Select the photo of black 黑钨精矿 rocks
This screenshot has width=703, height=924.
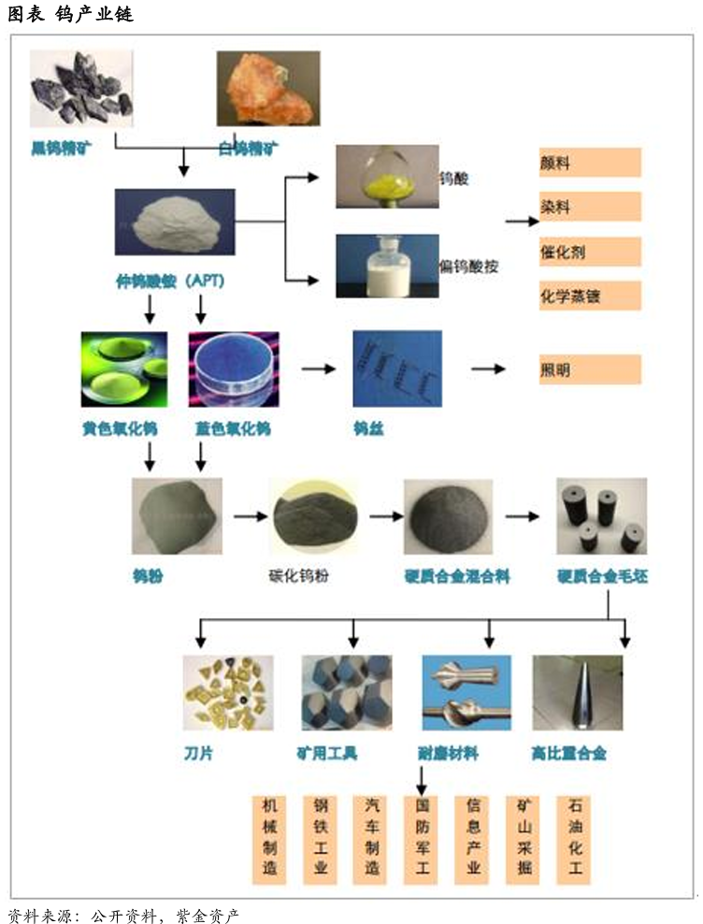pyautogui.click(x=80, y=90)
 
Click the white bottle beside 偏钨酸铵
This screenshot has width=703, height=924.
pyautogui.click(x=386, y=265)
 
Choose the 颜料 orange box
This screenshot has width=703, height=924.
pyautogui.click(x=590, y=162)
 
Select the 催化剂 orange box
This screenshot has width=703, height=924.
pyautogui.click(x=590, y=252)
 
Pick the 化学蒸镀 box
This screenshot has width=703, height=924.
pyautogui.click(x=590, y=296)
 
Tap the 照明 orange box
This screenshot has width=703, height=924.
pyautogui.click(x=590, y=369)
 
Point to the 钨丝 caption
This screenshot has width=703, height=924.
pyautogui.click(x=367, y=429)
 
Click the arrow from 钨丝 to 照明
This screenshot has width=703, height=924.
pyautogui.click(x=487, y=369)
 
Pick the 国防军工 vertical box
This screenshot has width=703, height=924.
pyautogui.click(x=422, y=840)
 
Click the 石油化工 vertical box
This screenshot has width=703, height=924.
pyautogui.click(x=574, y=840)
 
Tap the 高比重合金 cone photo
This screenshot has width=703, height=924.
pyautogui.click(x=578, y=692)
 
